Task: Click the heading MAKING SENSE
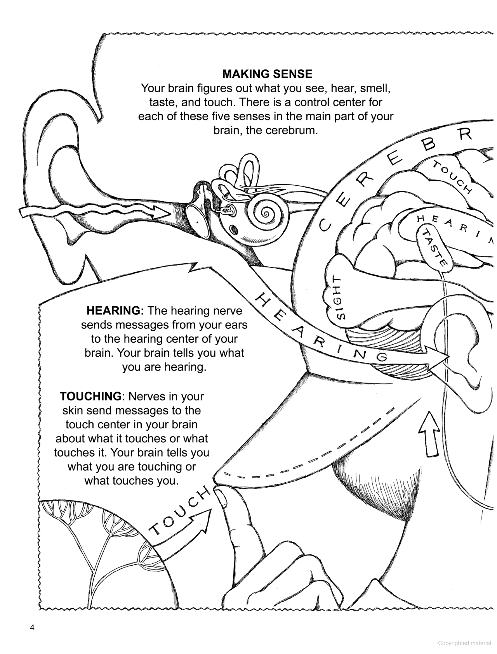[x=267, y=74]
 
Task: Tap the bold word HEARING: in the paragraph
[x=115, y=311]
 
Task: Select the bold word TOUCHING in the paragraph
[x=90, y=396]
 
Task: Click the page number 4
[x=32, y=628]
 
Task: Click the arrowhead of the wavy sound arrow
[x=162, y=213]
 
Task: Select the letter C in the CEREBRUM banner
[x=324, y=224]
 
